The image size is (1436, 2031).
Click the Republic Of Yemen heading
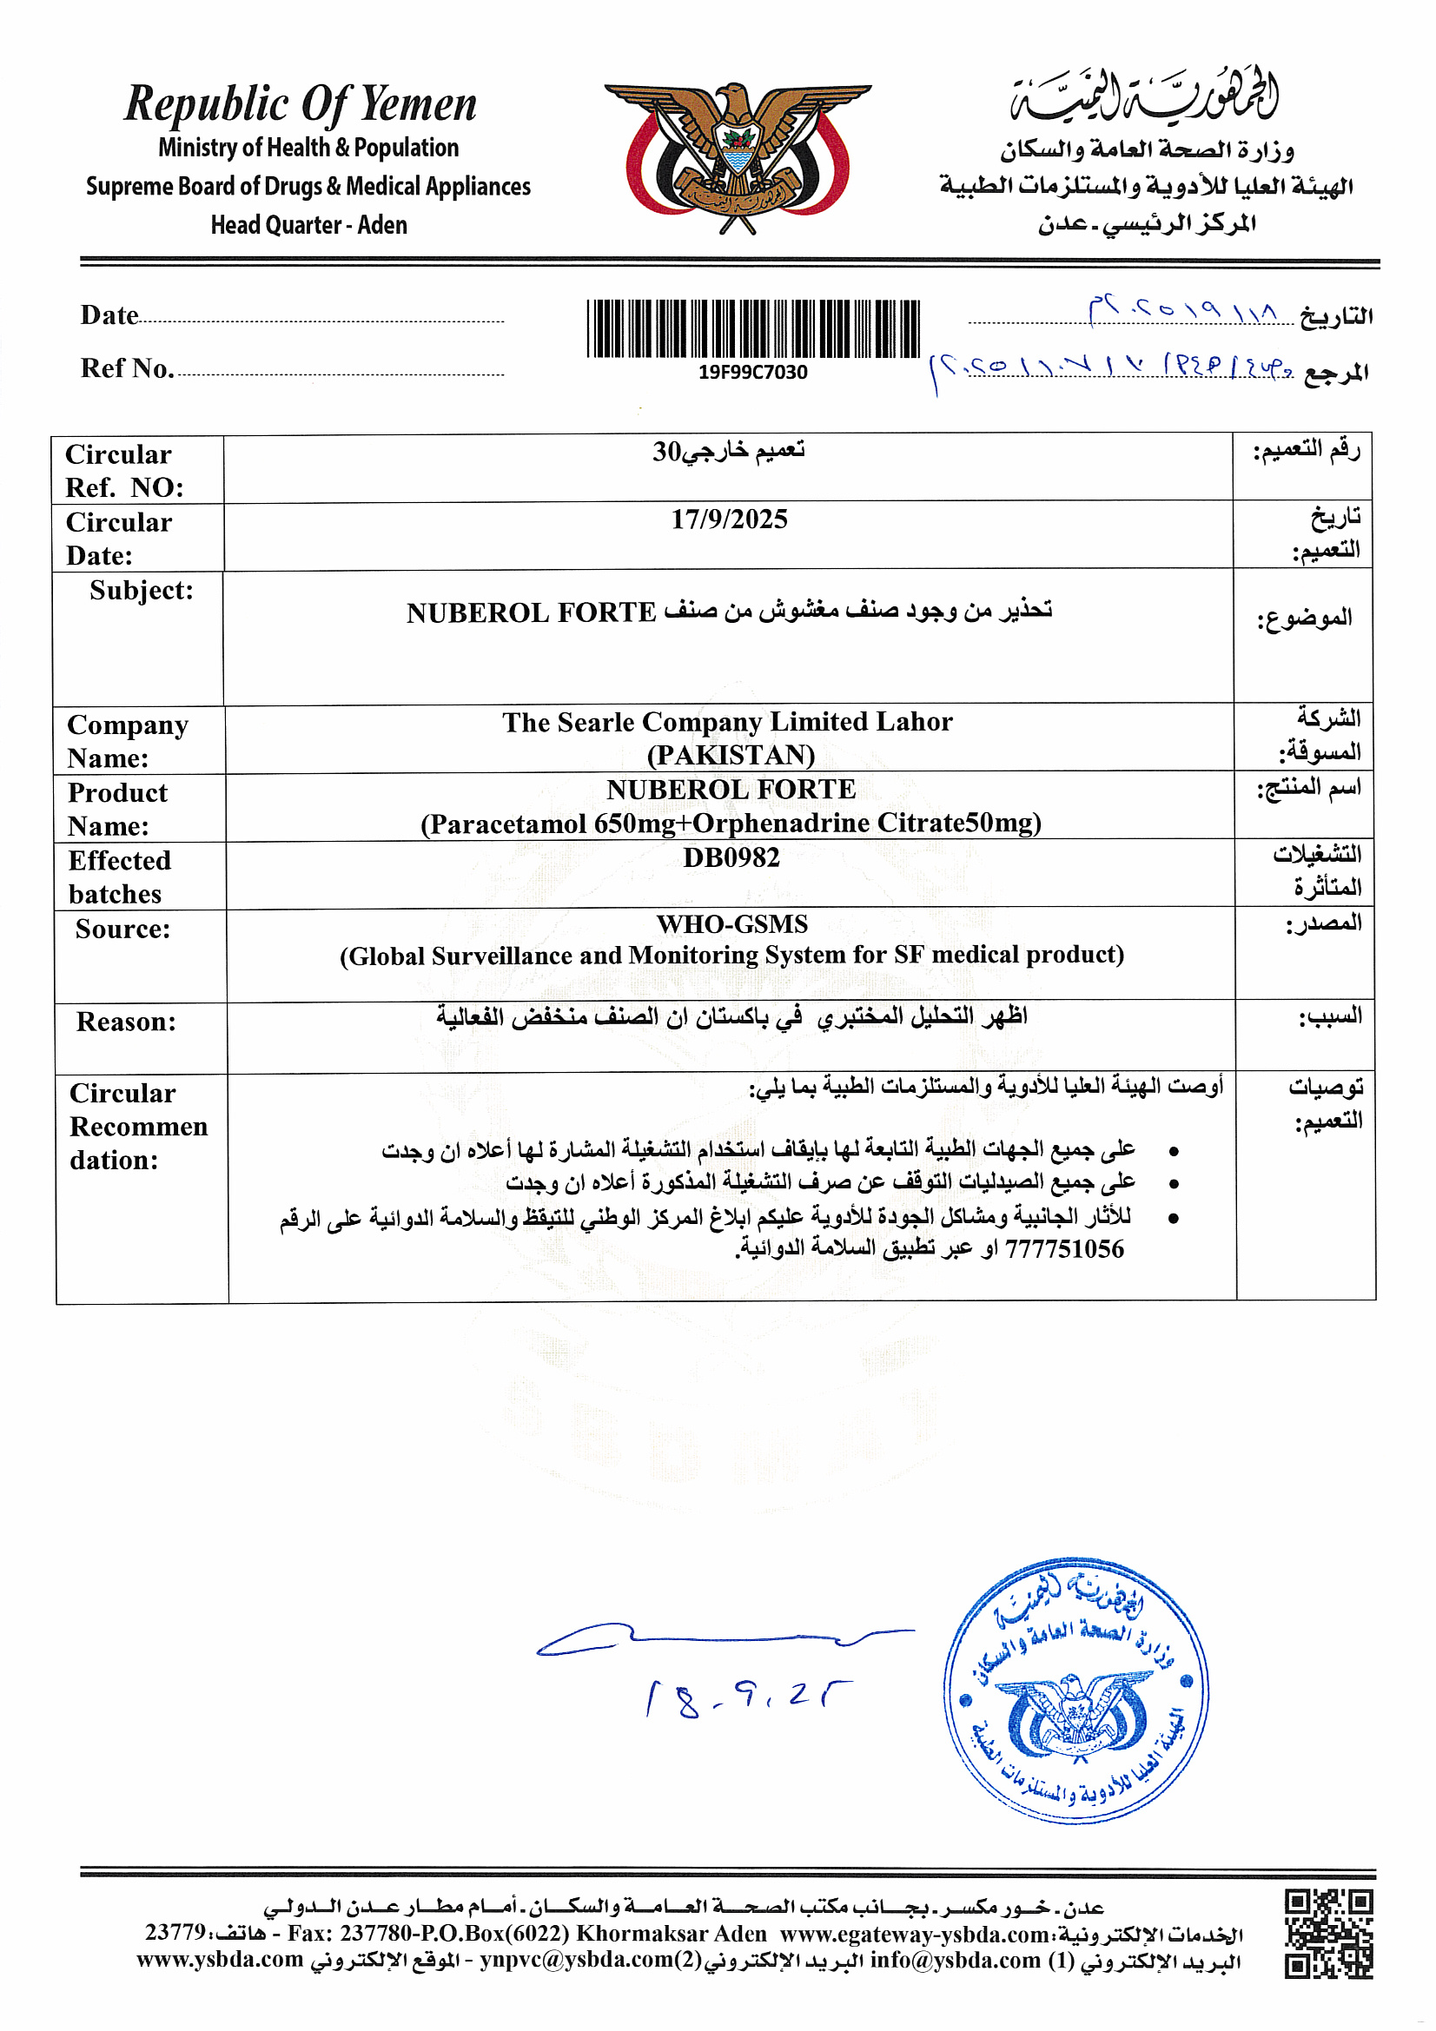click(x=300, y=104)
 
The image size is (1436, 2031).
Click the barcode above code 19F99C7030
click(x=753, y=328)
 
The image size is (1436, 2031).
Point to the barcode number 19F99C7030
click(x=753, y=373)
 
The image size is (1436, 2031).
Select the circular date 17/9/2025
click(x=729, y=519)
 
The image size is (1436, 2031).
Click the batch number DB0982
click(x=731, y=857)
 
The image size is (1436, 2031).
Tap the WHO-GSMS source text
click(x=731, y=924)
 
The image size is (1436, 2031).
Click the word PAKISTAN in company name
click(x=731, y=756)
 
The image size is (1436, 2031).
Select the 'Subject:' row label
click(x=142, y=590)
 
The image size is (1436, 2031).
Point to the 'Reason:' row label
click(x=126, y=1022)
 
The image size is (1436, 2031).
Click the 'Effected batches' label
click(x=118, y=877)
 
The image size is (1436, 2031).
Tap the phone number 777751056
click(x=1064, y=1249)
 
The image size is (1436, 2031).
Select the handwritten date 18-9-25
click(x=748, y=1698)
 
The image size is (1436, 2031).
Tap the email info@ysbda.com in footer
click(x=955, y=1961)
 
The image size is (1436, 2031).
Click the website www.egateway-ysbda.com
click(x=915, y=1934)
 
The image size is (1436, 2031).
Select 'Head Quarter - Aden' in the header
click(x=308, y=226)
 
